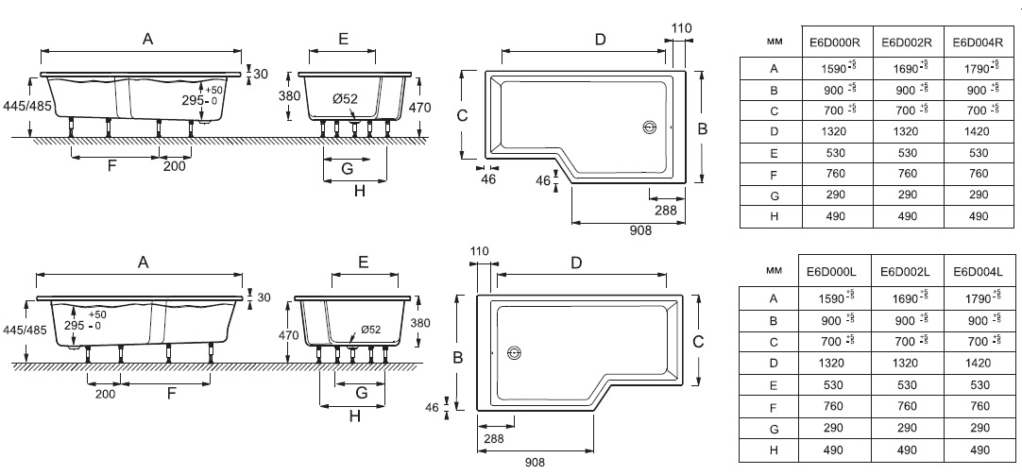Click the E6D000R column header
(835, 42)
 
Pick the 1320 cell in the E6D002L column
(905, 364)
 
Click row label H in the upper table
(774, 216)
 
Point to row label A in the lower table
(774, 298)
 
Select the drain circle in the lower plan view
(514, 353)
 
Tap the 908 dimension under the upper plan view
(640, 231)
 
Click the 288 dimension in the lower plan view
(494, 439)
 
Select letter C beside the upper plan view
(461, 115)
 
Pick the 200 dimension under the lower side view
(105, 395)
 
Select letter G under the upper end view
(347, 168)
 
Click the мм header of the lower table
(774, 270)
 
